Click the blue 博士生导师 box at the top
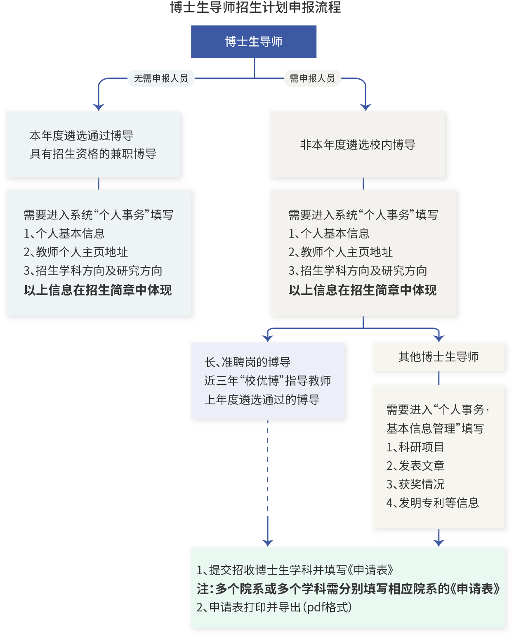[x=254, y=42]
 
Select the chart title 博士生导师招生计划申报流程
[x=255, y=7]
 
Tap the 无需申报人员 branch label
[x=161, y=78]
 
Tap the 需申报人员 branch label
[x=312, y=78]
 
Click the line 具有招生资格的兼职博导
[x=93, y=154]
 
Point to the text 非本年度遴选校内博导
[x=358, y=145]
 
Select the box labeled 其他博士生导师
[x=439, y=357]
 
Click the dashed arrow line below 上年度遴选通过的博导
[x=268, y=474]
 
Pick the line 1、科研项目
[x=415, y=447]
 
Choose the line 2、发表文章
[x=415, y=466]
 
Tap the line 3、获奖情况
[x=415, y=484]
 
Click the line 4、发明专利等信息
[x=432, y=503]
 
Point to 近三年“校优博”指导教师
[x=267, y=381]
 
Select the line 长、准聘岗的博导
[x=248, y=362]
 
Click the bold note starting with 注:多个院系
[x=349, y=589]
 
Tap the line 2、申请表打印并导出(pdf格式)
[x=274, y=607]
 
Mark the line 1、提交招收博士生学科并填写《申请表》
[x=295, y=570]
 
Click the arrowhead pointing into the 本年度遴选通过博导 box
[x=99, y=107]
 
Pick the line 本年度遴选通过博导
[x=81, y=136]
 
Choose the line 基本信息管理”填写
[x=435, y=429]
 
